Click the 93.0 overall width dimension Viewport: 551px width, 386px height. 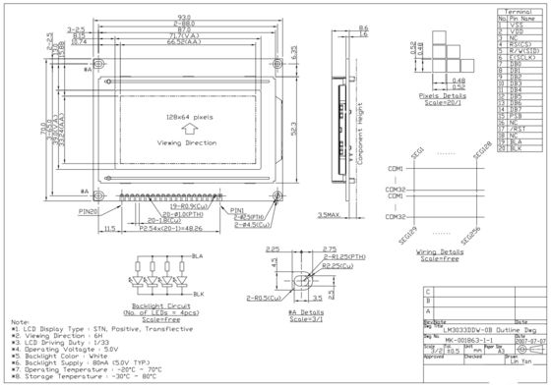tap(184, 14)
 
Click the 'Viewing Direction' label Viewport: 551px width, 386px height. tap(184, 142)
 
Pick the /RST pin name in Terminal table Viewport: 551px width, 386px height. tap(520, 128)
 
